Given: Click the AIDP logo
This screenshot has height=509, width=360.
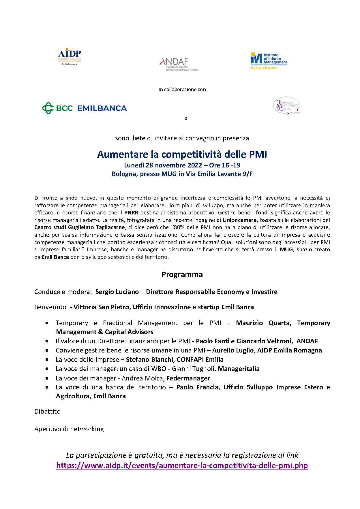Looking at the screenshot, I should click(70, 57).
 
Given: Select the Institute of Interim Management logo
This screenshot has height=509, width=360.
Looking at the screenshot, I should click(269, 61).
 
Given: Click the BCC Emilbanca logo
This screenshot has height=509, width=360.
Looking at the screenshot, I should click(85, 108).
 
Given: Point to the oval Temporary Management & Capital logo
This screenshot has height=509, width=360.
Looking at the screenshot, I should click(286, 106).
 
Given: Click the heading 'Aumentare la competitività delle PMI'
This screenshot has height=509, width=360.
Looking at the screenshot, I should click(182, 154).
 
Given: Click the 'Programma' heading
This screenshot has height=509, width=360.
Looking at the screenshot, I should click(182, 274).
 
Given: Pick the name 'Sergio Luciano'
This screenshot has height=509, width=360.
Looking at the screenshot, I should click(117, 292).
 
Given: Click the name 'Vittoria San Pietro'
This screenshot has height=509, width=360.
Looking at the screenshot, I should click(101, 307).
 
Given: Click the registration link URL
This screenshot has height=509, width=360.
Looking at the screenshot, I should click(182, 465).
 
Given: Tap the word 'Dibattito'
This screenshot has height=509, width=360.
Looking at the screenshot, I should click(47, 411).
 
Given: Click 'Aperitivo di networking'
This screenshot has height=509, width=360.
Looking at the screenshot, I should click(69, 429).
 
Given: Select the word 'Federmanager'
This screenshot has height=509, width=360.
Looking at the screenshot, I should click(188, 378).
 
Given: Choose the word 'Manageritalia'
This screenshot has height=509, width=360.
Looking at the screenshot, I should click(239, 369).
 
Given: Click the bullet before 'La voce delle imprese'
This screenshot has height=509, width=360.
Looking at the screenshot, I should click(47, 360).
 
